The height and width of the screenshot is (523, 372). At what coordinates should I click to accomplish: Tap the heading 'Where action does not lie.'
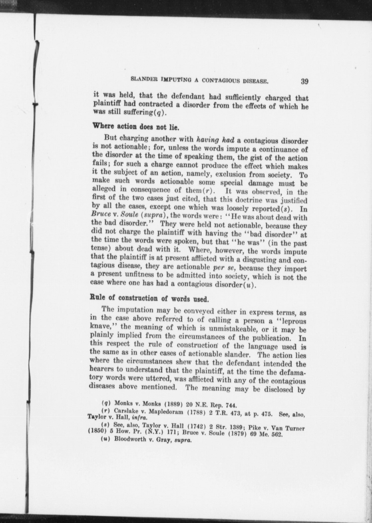pyautogui.click(x=136, y=126)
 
